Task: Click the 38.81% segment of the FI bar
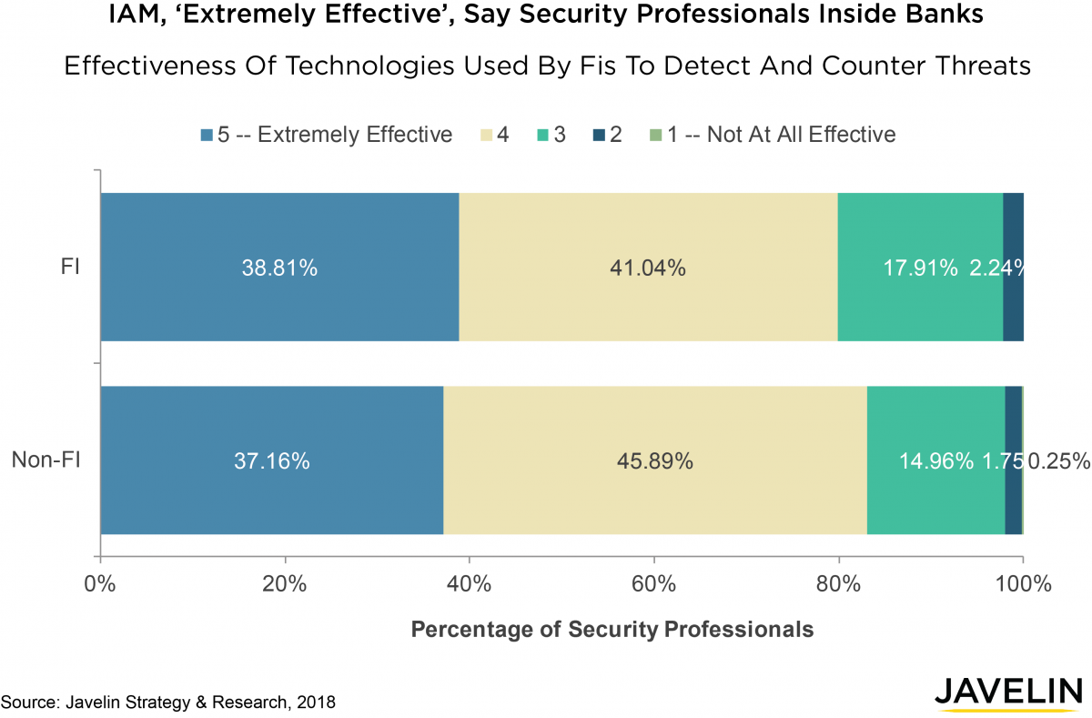click(279, 268)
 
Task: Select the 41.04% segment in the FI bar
click(648, 268)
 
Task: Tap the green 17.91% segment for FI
click(920, 268)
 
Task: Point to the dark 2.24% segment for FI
click(1013, 268)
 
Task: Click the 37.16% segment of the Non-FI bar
click(272, 460)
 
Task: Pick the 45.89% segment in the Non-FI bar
click(655, 460)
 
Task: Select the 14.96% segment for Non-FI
click(935, 460)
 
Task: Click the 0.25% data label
click(1058, 461)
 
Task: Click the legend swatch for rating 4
click(488, 135)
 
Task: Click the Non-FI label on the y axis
click(46, 460)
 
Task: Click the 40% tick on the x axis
click(469, 583)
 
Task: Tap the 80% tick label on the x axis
click(838, 583)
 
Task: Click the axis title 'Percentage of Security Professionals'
click(612, 629)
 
